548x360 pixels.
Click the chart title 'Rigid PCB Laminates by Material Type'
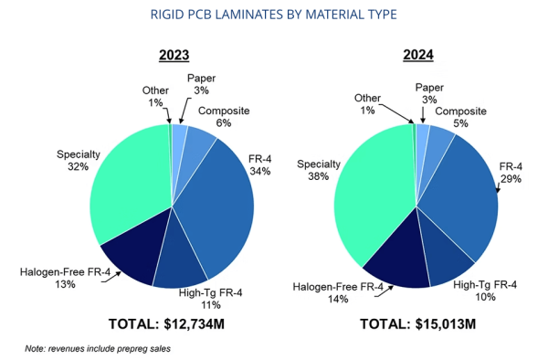coord(274,15)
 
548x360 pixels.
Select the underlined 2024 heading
coord(418,55)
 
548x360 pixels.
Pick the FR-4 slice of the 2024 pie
coord(461,196)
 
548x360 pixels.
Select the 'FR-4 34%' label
coord(260,164)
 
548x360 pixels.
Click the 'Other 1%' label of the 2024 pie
coord(367,104)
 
